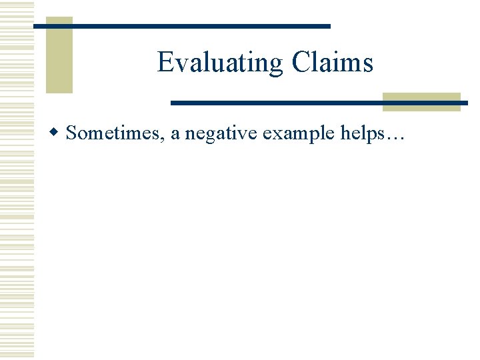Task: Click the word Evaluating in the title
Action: tap(220, 63)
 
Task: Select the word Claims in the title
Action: tap(332, 63)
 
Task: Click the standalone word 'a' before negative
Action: tap(175, 133)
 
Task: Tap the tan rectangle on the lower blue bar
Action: tap(421, 102)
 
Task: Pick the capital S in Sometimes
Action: tap(71, 133)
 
